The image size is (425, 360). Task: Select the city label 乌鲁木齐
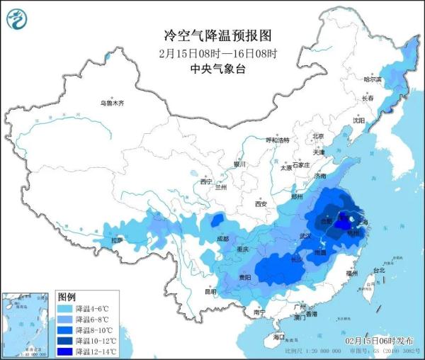tap(112, 103)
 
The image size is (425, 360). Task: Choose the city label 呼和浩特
tap(278, 140)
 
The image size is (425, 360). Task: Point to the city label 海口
tap(280, 337)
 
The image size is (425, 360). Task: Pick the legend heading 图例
tap(67, 296)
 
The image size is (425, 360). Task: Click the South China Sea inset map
tap(28, 322)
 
